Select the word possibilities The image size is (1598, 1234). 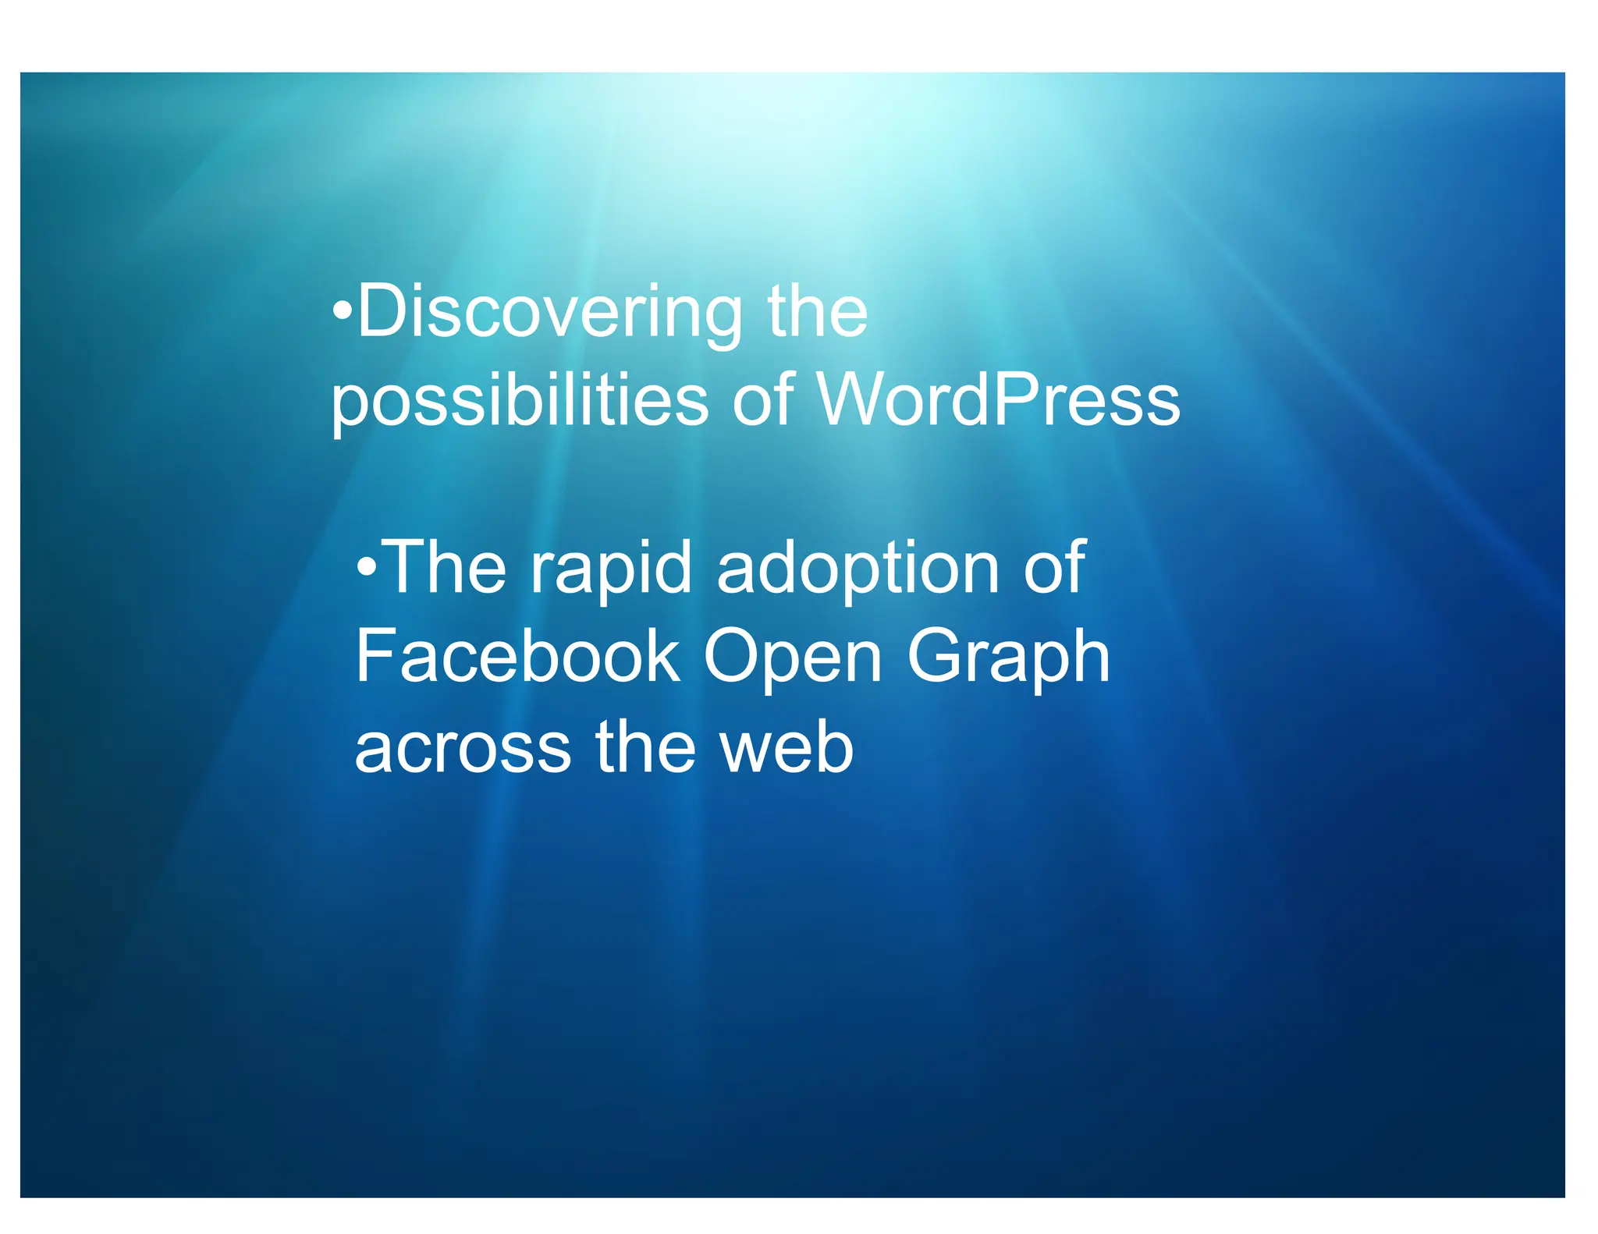(520, 401)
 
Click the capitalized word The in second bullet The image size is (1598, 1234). (446, 567)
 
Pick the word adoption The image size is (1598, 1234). (858, 569)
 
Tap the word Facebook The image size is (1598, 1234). (517, 657)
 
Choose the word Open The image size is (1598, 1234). (793, 658)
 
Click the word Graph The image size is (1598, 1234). (1008, 658)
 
